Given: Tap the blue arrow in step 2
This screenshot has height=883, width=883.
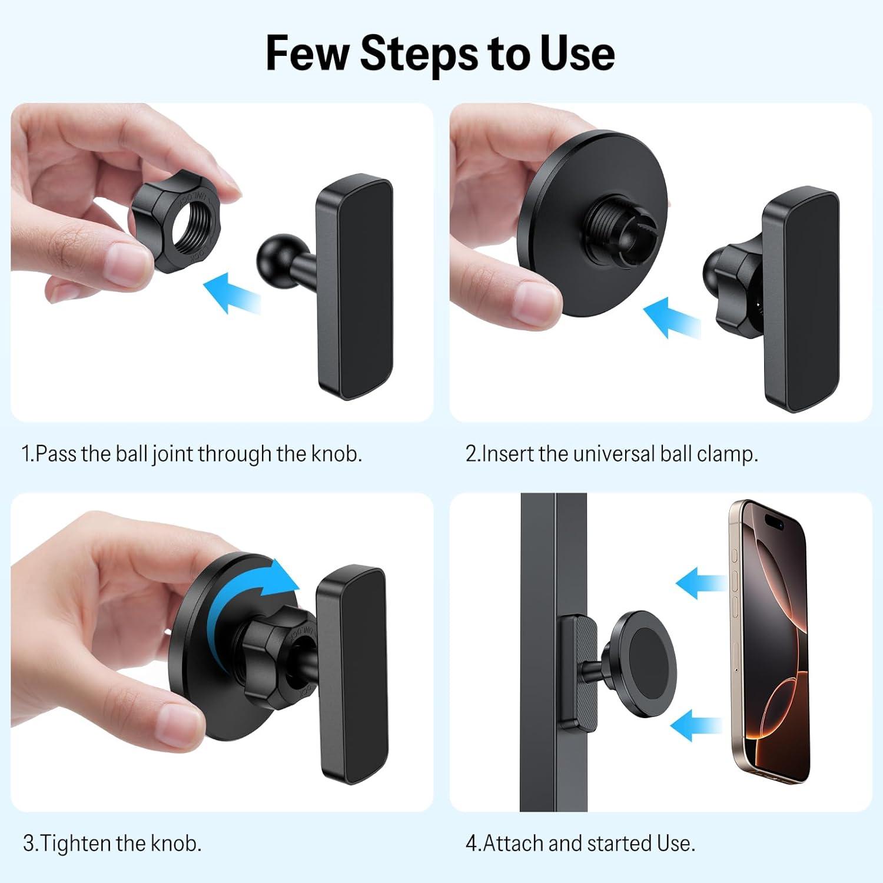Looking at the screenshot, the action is pyautogui.click(x=671, y=318).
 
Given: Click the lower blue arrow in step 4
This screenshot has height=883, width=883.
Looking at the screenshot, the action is pyautogui.click(x=696, y=725).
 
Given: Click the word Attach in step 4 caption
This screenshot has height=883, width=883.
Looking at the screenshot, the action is pyautogui.click(x=513, y=844).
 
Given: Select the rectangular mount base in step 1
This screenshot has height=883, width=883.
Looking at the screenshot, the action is pyautogui.click(x=354, y=287).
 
